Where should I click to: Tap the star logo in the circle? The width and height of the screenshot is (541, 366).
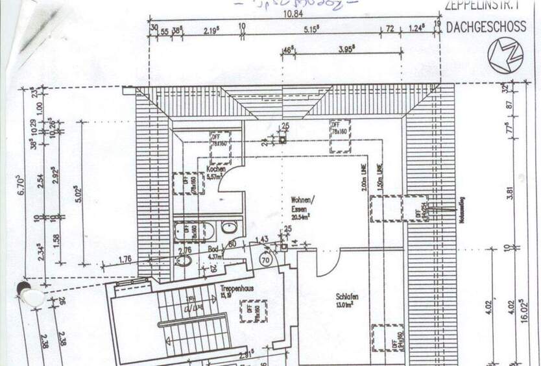point(505,56)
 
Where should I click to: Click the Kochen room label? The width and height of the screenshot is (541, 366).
point(216,169)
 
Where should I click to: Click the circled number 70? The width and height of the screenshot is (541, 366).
point(265,258)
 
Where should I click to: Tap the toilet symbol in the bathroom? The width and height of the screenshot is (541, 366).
point(184,260)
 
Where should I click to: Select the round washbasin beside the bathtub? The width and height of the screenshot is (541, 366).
point(229,227)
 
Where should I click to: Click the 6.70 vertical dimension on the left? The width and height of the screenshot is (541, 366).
point(21,186)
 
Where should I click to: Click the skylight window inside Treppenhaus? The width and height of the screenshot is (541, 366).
point(252,311)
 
